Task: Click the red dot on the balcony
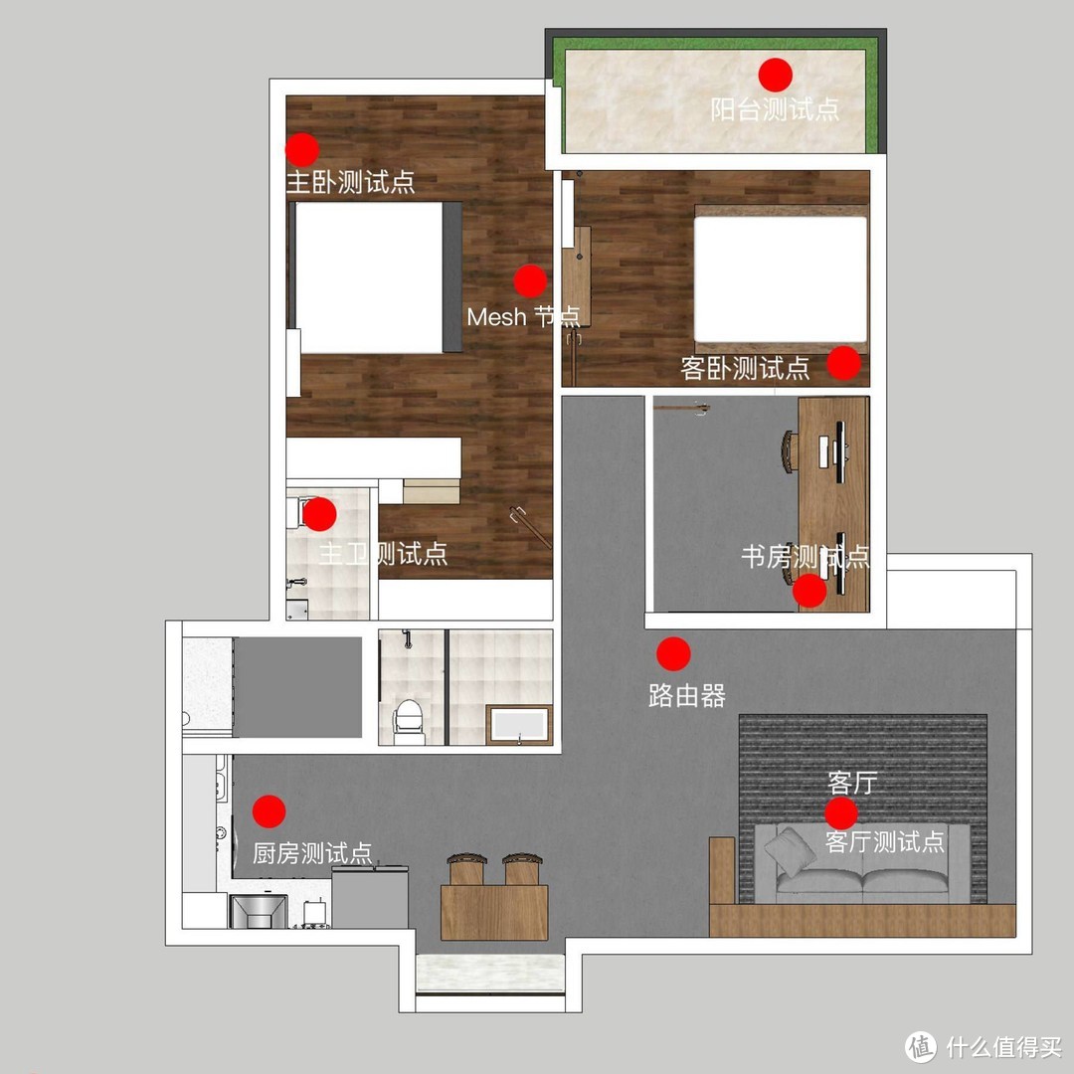tap(776, 75)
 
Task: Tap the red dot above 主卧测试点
tap(302, 150)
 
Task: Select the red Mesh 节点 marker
tap(530, 280)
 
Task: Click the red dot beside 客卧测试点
tap(844, 363)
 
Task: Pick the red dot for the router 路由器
tap(673, 654)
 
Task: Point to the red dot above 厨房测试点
tap(269, 811)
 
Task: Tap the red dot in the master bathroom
tap(319, 514)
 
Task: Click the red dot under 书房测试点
tap(809, 591)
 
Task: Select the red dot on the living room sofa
tap(841, 813)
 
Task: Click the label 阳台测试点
tap(775, 109)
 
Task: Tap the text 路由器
tap(687, 696)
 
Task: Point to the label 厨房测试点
tap(312, 853)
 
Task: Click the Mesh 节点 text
tap(523, 317)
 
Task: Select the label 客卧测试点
tap(745, 369)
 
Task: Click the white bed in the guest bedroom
tap(781, 278)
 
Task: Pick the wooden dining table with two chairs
tap(494, 912)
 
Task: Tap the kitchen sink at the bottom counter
tap(258, 911)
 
